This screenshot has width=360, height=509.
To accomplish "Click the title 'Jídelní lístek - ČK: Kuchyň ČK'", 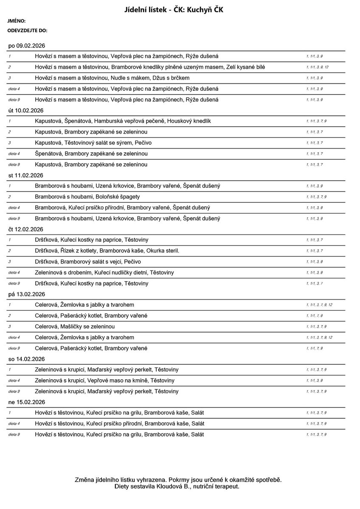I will tap(180, 9).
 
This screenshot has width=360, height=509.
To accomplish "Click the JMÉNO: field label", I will tap(17, 21).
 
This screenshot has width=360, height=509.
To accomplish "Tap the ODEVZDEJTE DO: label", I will tap(27, 31).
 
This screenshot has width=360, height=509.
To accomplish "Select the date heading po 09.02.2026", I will tap(27, 45).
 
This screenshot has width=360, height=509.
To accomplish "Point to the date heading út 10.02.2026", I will tap(27, 110).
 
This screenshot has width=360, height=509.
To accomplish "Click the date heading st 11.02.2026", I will tap(27, 175).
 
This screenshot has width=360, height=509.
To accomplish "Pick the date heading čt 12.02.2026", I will tap(27, 229).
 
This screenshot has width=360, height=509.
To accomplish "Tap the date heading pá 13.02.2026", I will tap(27, 294).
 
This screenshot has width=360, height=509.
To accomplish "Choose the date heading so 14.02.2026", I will tap(27, 359).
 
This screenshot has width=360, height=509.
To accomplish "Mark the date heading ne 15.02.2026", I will tap(27, 402).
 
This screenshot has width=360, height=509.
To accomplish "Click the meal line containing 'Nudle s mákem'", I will tap(112, 78).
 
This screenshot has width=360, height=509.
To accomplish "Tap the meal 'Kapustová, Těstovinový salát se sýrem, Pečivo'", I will tap(93, 143).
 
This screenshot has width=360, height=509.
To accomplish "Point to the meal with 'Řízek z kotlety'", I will tap(107, 251).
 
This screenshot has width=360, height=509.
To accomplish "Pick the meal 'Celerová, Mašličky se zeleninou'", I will tap(75, 327).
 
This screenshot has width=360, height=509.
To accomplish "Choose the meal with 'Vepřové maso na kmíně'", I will tap(104, 380).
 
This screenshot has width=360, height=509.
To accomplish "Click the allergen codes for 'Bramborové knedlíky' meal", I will tap(317, 67).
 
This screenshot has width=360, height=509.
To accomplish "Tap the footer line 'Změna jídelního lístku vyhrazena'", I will tap(178, 480).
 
